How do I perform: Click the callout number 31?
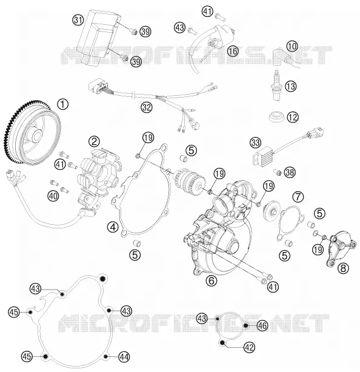(x=78, y=20)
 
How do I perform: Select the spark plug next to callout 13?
(x=276, y=85)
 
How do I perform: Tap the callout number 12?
(x=293, y=117)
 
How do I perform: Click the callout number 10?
(x=292, y=46)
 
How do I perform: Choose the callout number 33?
(x=255, y=142)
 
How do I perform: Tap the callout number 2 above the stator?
(x=94, y=142)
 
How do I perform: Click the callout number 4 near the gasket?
(x=113, y=227)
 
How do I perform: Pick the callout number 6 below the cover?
(x=212, y=281)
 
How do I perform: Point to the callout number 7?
(x=298, y=196)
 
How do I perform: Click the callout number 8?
(x=343, y=268)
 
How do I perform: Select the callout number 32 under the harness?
(x=147, y=107)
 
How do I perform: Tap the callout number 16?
(x=233, y=51)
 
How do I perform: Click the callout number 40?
(x=53, y=196)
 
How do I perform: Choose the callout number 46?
(x=262, y=325)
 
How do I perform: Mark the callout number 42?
(x=249, y=348)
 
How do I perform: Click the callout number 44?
(x=124, y=357)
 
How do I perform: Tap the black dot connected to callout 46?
(x=246, y=325)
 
